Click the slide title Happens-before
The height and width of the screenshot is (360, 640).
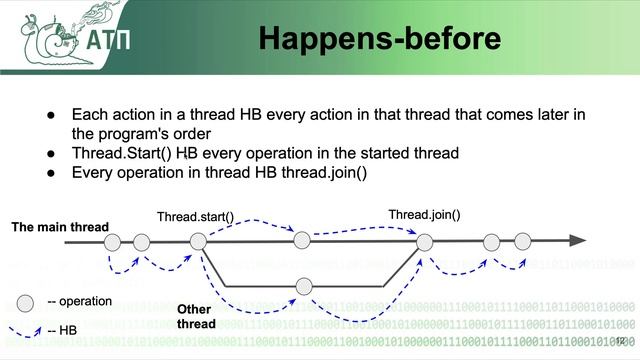379,39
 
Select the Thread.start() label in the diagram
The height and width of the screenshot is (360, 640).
195,216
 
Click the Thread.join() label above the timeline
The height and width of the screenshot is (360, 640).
424,215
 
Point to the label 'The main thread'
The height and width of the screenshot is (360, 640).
60,227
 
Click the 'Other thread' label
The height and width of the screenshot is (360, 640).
195,316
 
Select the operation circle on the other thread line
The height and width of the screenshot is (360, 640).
304,287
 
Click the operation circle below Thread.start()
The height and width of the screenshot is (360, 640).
198,241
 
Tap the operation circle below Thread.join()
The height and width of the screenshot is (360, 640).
425,241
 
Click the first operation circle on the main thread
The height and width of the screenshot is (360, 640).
113,241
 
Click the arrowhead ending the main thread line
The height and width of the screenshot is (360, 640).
577,241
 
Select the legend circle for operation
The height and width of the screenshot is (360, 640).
26,301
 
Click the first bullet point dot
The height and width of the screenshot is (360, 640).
49,115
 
